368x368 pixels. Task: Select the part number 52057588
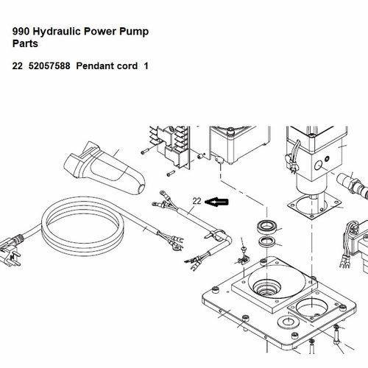coord(49,66)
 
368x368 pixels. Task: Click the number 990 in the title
coord(21,32)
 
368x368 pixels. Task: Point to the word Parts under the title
coord(25,43)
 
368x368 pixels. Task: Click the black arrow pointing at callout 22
coord(216,202)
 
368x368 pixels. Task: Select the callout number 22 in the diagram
coord(197,201)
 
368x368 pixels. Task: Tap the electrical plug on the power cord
coord(10,252)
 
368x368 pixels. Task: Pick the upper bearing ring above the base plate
coord(267,227)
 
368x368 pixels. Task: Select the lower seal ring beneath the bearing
coord(267,241)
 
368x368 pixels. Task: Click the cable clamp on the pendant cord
coord(216,234)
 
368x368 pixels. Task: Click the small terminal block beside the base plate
coord(244,260)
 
